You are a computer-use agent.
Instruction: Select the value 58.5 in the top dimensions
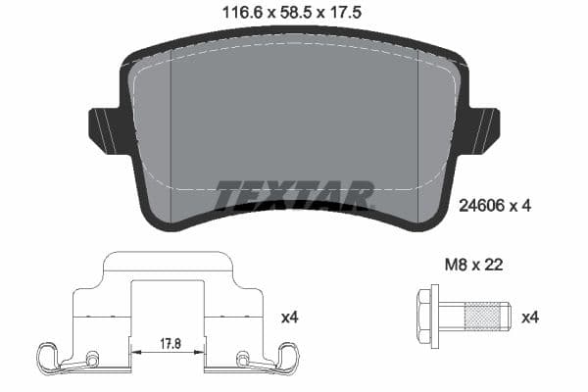(x=291, y=13)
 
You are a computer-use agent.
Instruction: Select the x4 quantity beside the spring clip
(x=290, y=318)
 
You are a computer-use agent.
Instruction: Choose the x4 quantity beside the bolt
(x=529, y=318)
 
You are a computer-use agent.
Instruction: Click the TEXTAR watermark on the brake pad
(x=294, y=195)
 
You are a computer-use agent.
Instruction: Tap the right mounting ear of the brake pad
(x=482, y=129)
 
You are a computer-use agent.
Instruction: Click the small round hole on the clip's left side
(x=92, y=357)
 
